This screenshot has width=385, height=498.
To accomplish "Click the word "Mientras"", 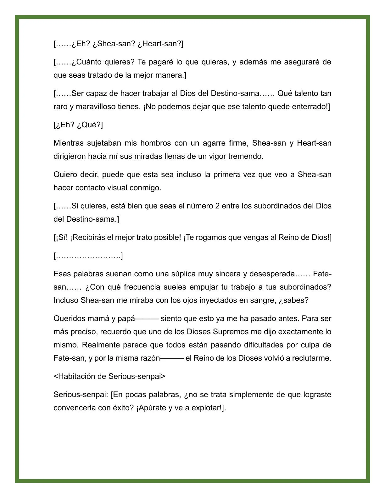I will [68, 143].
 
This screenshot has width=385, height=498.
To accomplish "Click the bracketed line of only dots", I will [88, 256].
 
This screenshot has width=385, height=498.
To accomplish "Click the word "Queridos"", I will [68, 318].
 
